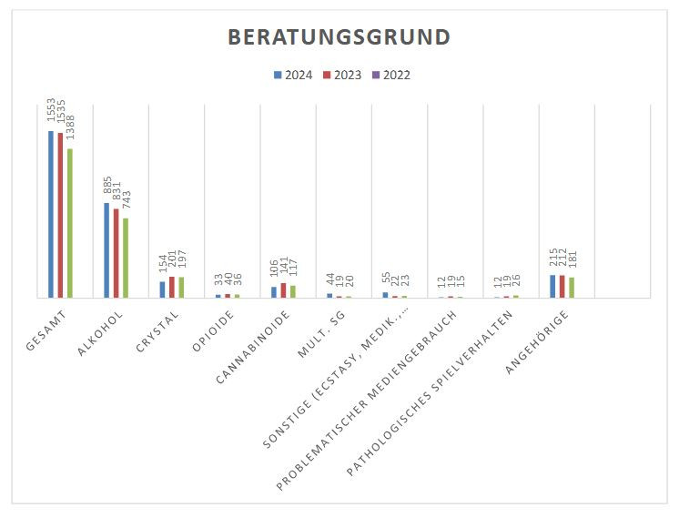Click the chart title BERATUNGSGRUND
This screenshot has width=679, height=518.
(x=339, y=37)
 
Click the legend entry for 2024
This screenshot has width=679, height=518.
(x=293, y=75)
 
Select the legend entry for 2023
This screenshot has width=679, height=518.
(x=342, y=75)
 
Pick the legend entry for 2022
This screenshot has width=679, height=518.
(x=391, y=75)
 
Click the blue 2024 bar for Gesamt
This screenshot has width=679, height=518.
(x=51, y=214)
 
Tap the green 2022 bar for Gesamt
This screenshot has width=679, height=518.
(x=70, y=223)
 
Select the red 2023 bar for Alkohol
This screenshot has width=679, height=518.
(x=117, y=253)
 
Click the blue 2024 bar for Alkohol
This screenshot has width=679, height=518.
(x=106, y=249)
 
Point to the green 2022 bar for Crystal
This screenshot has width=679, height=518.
(x=181, y=287)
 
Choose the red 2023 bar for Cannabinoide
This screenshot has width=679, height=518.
(x=283, y=290)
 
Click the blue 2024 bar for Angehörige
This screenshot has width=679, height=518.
(x=552, y=286)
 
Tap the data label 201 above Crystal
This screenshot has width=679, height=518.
(x=172, y=260)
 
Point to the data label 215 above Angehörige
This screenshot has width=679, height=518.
(x=552, y=259)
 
